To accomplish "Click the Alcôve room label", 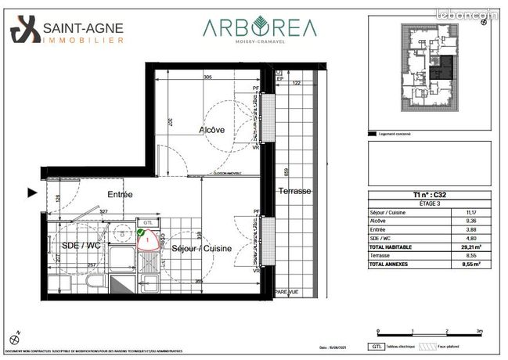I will [x=212, y=130].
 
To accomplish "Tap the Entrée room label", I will [x=121, y=194].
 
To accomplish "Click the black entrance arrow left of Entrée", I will [x=32, y=192].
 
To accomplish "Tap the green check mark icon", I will [x=140, y=232].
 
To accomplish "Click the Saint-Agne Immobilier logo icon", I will [x=23, y=31].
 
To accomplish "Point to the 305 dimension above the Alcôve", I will [x=207, y=77].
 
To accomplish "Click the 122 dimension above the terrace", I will [x=297, y=81].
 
